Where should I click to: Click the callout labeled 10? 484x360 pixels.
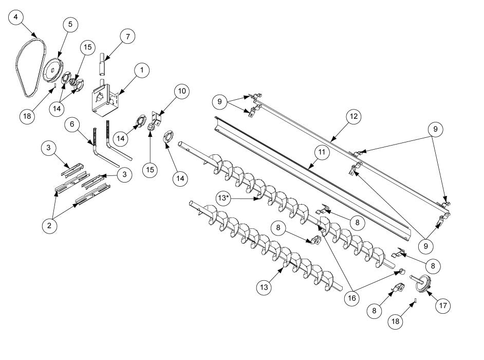181,92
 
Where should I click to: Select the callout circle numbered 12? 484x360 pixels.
354,117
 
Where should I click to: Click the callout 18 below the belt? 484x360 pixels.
27,115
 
